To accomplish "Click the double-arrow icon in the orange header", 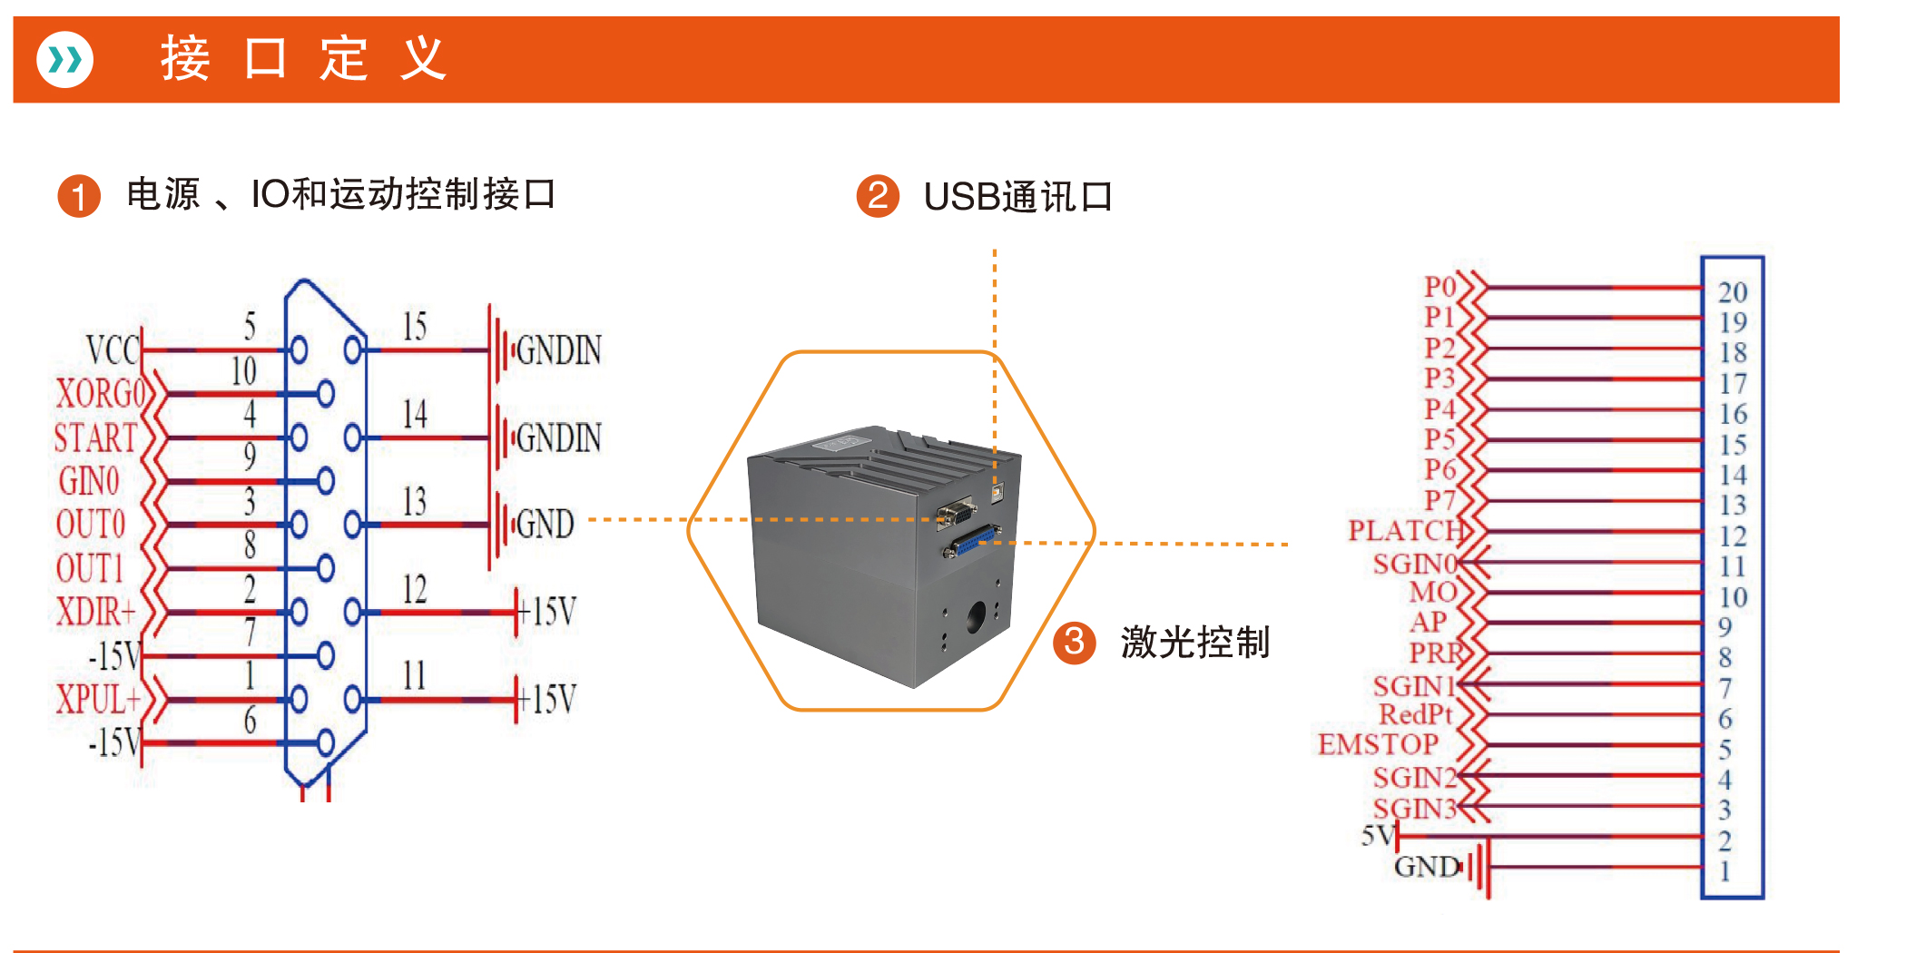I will [x=64, y=60].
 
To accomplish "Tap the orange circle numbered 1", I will [x=79, y=196].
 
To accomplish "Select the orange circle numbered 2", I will [x=878, y=196].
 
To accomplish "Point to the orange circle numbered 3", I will [x=1074, y=643].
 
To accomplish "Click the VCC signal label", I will [x=113, y=349].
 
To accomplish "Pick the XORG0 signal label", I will [x=101, y=394].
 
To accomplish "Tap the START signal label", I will [x=95, y=437].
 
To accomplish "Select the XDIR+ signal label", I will [x=96, y=612].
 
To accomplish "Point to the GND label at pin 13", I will [x=545, y=525].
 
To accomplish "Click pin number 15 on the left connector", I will [x=415, y=327].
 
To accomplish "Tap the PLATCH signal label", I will [x=1406, y=530].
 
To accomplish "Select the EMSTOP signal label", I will [x=1378, y=744].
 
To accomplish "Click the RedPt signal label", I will [x=1416, y=714].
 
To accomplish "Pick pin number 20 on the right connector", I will [x=1733, y=292].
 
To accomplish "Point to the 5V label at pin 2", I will [x=1377, y=835].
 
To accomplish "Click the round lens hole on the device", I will [x=976, y=617].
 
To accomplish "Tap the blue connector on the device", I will [x=971, y=543].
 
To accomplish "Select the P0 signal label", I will [x=1439, y=287].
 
